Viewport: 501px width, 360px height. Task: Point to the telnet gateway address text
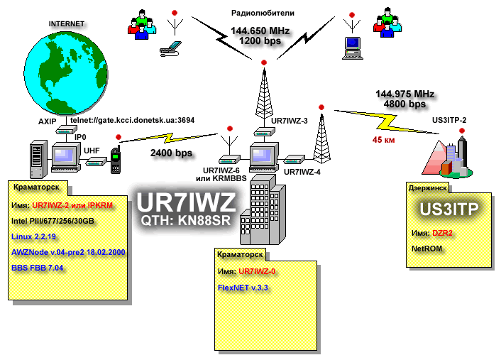pos(133,121)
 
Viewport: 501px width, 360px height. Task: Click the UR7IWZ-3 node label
pos(290,121)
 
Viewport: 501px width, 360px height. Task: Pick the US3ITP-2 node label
pos(449,120)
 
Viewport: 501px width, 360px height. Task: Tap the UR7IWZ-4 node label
pos(302,171)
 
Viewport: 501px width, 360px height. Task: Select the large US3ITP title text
pos(446,209)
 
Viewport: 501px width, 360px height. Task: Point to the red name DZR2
pos(442,233)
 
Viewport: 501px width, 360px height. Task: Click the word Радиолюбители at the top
pos(262,13)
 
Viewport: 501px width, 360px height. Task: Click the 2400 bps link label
pos(171,153)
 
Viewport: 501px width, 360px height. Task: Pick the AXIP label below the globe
pos(47,121)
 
